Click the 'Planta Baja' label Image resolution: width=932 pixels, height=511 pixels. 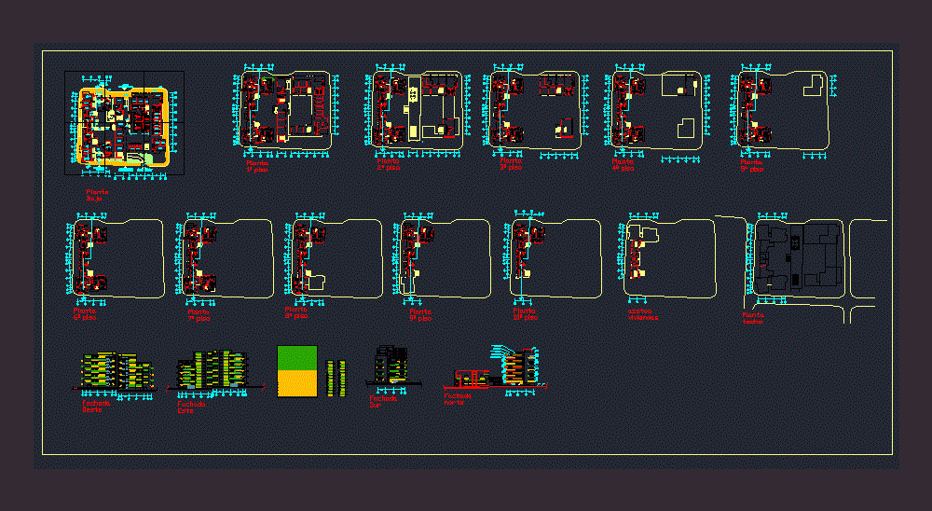pyautogui.click(x=97, y=195)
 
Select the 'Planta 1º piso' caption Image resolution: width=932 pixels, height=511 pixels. pyautogui.click(x=256, y=166)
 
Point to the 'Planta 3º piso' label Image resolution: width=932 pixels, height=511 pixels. pyautogui.click(x=511, y=164)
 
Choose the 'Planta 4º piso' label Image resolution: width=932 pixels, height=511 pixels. pyautogui.click(x=623, y=165)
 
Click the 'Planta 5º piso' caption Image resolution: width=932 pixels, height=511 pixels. pyautogui.click(x=751, y=165)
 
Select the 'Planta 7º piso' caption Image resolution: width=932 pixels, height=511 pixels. pyautogui.click(x=199, y=314)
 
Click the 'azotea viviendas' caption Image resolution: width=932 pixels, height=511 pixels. pyautogui.click(x=642, y=314)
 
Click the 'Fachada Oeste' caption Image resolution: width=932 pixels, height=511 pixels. pyautogui.click(x=96, y=407)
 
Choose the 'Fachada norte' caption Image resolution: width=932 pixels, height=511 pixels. pyautogui.click(x=458, y=398)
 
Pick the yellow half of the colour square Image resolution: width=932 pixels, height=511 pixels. pyautogui.click(x=297, y=383)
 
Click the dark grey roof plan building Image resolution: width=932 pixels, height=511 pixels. pyautogui.click(x=798, y=255)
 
